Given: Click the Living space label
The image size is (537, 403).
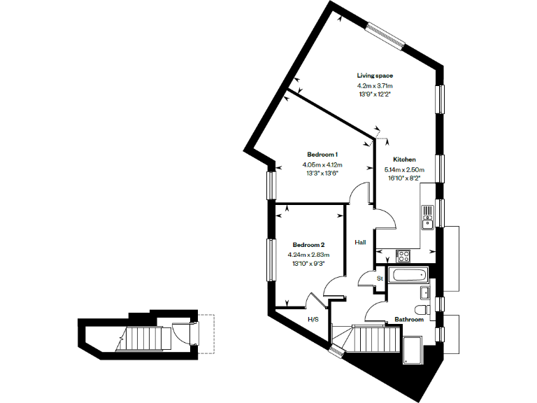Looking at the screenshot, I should (375, 75).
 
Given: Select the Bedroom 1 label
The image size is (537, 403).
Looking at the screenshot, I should (322, 154).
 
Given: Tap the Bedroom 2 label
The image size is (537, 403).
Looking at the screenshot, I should (308, 245).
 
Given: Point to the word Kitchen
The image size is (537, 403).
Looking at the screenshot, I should (404, 160).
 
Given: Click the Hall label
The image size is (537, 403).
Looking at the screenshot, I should (360, 242).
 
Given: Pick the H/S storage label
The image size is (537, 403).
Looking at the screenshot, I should (313, 319).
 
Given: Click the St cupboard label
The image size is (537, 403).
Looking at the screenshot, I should (380, 278).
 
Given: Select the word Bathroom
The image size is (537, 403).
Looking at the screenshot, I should (409, 319).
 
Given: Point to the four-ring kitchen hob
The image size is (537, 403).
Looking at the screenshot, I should (403, 255).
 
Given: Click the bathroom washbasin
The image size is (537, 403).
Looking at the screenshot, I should (425, 292).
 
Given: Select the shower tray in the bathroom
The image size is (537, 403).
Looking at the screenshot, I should (413, 348).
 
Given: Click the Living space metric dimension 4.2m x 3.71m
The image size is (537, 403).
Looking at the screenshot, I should (375, 86).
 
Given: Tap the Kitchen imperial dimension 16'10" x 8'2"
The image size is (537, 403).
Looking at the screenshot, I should (403, 178).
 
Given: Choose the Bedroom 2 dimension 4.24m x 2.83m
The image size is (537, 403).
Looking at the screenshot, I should (308, 255).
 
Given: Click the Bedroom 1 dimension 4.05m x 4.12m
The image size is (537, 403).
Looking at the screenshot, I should (322, 164).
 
